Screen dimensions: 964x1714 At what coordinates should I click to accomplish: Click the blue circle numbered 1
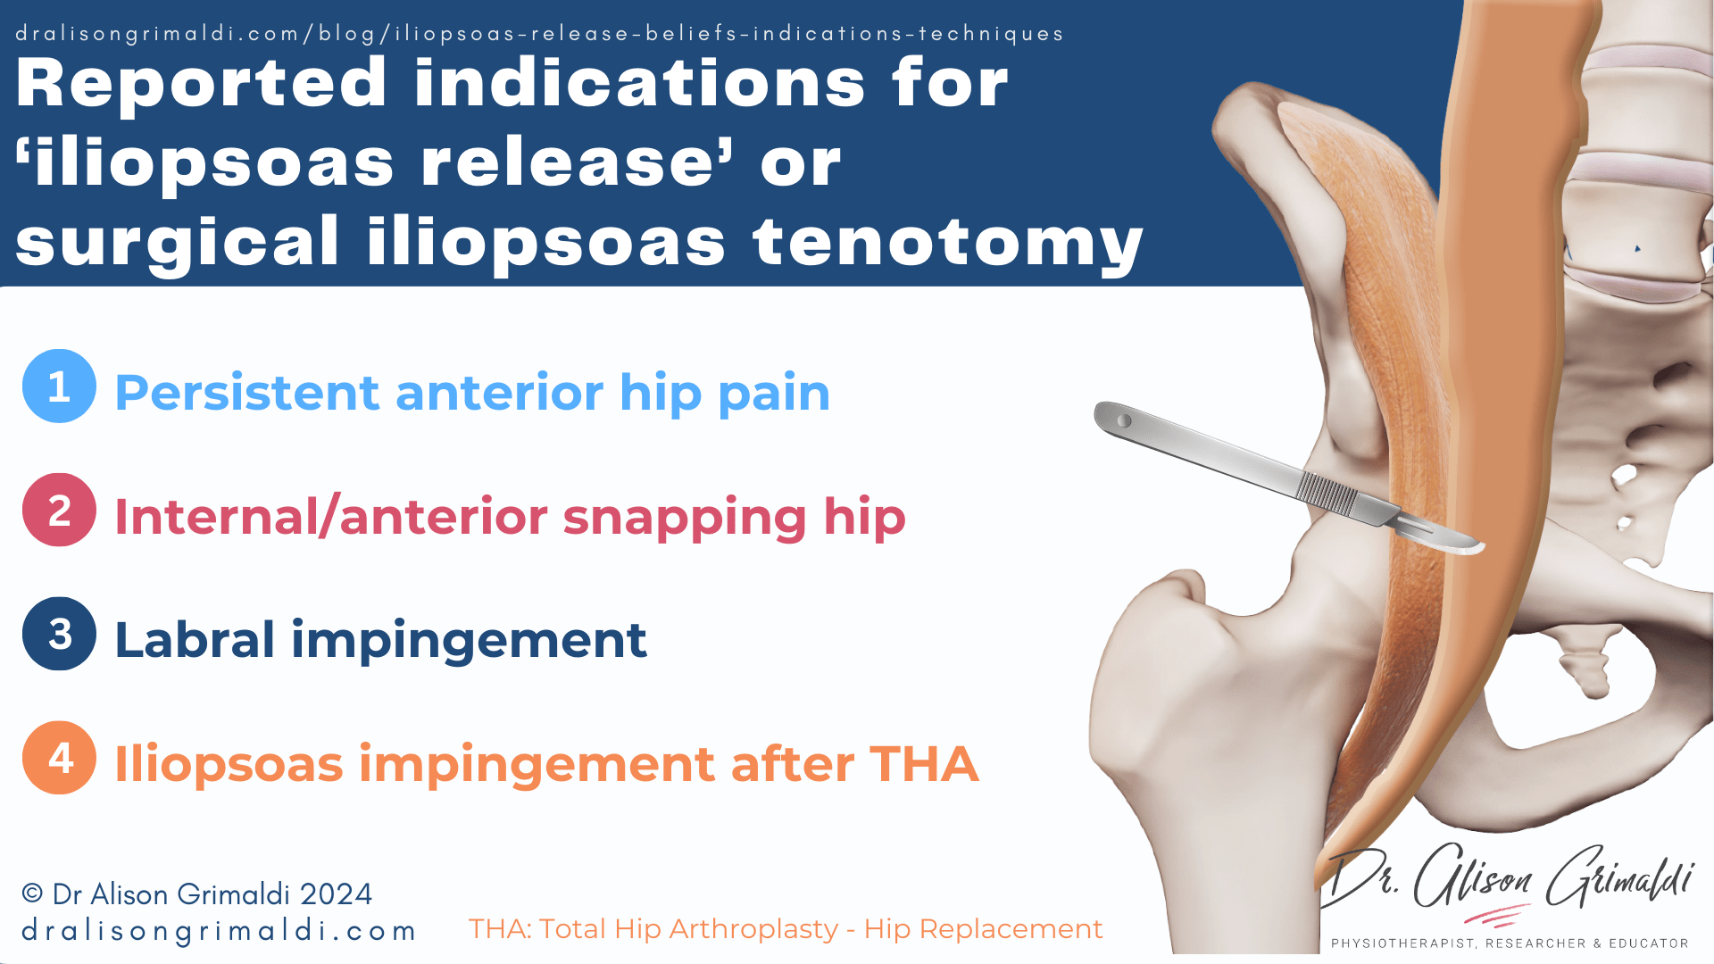pos(59,386)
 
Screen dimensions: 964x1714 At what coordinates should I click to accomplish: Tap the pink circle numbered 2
pos(59,510)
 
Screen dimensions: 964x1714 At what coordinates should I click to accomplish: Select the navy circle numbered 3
pos(59,634)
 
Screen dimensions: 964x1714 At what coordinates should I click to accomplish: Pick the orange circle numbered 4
pos(59,758)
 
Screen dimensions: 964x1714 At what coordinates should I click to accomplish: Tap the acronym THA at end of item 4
pos(924,764)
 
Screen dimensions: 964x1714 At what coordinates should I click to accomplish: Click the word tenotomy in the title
pos(947,243)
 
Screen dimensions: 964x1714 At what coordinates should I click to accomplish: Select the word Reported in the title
pos(202,83)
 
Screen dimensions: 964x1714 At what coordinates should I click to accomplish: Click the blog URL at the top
pos(539,34)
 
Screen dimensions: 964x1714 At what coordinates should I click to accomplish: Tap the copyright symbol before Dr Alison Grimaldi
pos(32,893)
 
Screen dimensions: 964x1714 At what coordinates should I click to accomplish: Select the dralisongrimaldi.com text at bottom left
pos(219,931)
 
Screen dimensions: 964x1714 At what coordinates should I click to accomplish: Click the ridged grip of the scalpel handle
pos(1327,493)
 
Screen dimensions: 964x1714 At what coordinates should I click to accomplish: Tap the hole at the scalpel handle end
pos(1125,420)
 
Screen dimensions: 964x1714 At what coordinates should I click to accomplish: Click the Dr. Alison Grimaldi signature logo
pos(1509,879)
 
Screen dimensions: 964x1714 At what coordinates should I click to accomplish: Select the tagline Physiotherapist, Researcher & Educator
pos(1510,943)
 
